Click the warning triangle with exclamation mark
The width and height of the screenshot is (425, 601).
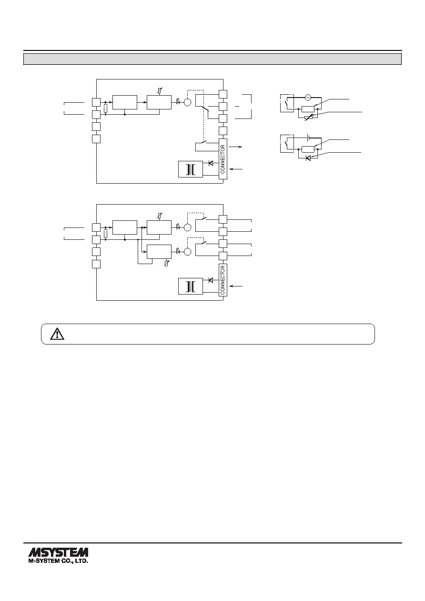57,334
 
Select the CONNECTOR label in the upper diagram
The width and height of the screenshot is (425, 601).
223,159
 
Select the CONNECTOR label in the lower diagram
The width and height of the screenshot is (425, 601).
223,280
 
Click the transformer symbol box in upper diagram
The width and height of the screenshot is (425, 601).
191,169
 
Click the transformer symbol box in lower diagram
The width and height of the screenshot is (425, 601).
191,286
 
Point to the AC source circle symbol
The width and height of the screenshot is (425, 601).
308,98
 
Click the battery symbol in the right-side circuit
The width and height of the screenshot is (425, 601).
308,138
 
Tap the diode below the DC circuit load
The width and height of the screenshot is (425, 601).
308,158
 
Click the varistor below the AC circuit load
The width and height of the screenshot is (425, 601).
308,117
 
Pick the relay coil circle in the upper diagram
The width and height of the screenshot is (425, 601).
188,102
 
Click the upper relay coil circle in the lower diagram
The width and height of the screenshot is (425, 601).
188,227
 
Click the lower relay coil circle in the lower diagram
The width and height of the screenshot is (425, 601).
188,252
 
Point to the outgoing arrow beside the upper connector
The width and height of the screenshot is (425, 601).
235,147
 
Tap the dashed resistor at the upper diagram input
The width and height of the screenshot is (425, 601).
106,108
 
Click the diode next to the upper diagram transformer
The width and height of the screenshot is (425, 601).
211,163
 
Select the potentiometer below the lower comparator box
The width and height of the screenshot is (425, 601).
167,263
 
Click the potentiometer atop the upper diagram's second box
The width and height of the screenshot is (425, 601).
160,91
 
